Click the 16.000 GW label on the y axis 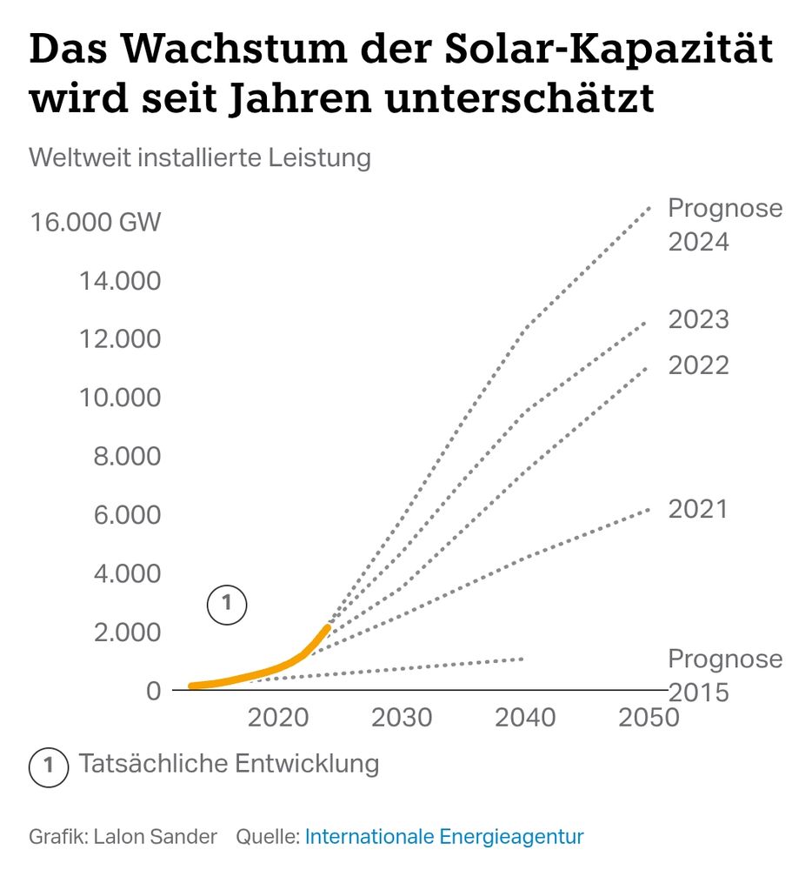click(x=96, y=222)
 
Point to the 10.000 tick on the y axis click(x=121, y=398)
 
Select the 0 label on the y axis click(x=153, y=691)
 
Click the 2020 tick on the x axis click(x=278, y=718)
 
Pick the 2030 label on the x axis click(x=402, y=718)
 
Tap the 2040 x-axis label click(x=525, y=718)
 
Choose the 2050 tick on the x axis click(x=649, y=718)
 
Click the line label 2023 click(x=698, y=320)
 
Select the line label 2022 click(x=698, y=365)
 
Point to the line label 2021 click(x=697, y=509)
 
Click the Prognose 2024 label click(x=724, y=224)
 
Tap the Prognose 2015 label click(x=724, y=675)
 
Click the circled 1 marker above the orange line click(x=227, y=605)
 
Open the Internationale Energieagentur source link click(x=444, y=837)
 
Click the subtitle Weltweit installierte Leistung click(x=200, y=158)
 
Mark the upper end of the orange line click(x=327, y=626)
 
